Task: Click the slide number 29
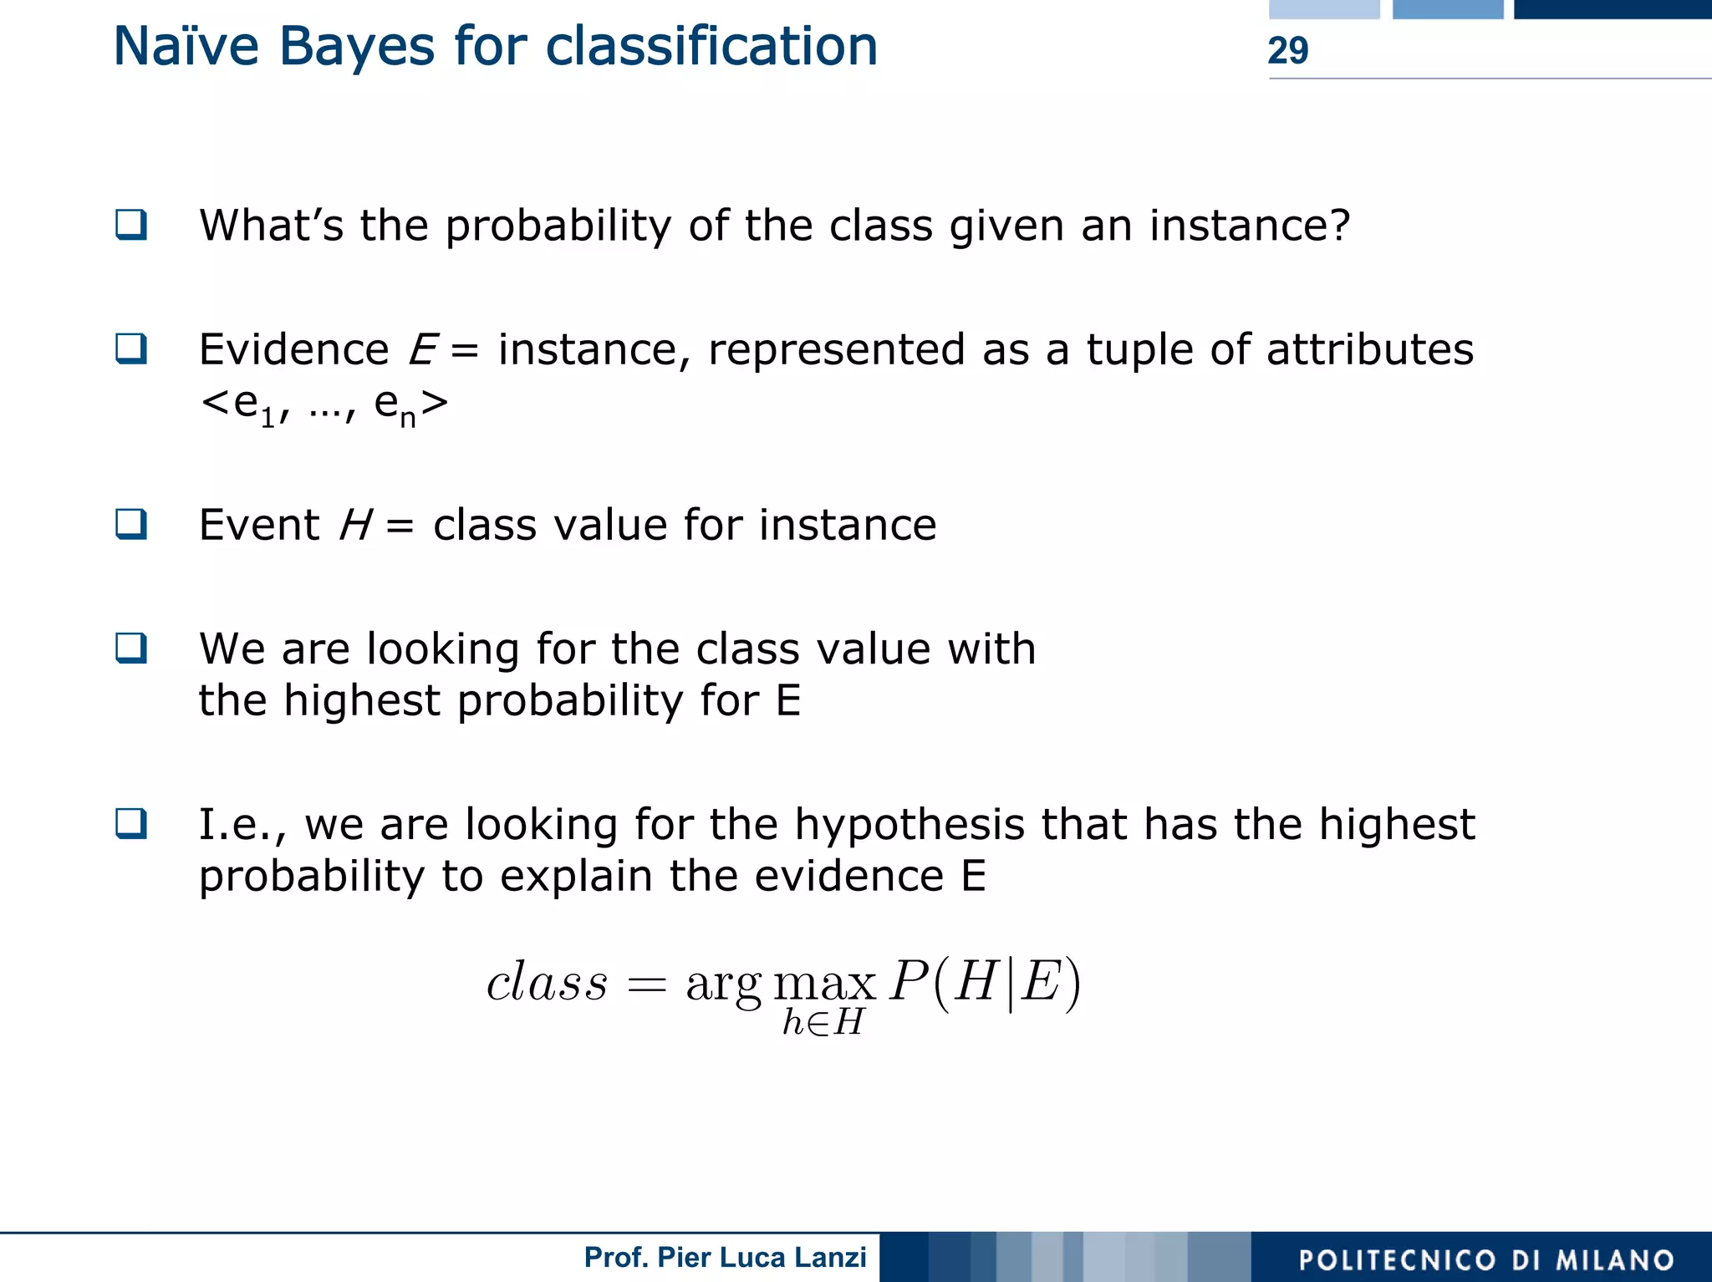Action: click(1287, 50)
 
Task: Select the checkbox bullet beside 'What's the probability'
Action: click(131, 225)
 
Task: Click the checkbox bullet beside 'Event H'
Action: click(131, 524)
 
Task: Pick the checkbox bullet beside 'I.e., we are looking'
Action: click(131, 823)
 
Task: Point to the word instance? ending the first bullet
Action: click(1249, 226)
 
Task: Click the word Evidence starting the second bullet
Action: click(293, 349)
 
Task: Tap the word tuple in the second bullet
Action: click(1140, 349)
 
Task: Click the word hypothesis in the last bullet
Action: click(909, 825)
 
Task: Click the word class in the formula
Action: click(547, 982)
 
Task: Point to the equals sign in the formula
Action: click(647, 985)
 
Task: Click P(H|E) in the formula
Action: click(985, 982)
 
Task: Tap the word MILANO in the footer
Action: click(1615, 1260)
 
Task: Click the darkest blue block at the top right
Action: click(1613, 9)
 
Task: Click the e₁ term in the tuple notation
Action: click(253, 405)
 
